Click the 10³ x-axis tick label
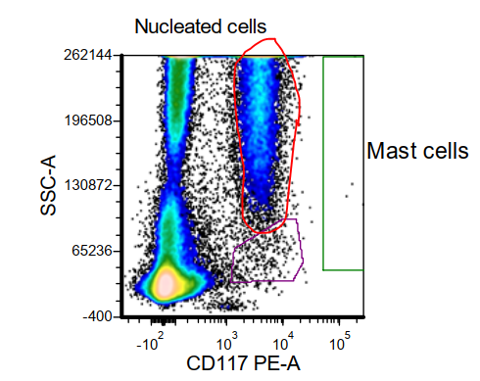[x=227, y=345]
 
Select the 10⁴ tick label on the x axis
[x=284, y=345]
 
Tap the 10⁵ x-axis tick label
[x=340, y=345]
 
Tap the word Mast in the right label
[x=390, y=152]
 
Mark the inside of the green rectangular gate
[x=343, y=162]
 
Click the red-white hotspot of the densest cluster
[x=166, y=283]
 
